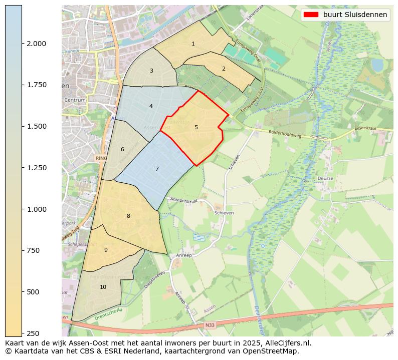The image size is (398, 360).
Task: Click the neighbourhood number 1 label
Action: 193,44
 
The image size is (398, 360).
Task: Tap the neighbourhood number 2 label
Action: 224,69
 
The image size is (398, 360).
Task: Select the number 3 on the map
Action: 151,71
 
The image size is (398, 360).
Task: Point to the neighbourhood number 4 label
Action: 151,106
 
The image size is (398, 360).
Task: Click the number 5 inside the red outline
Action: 196,127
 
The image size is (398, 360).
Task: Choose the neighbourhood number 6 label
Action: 122,149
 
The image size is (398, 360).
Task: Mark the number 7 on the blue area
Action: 157,169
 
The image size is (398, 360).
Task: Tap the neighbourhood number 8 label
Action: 128,216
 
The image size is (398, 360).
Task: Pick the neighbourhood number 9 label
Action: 106,250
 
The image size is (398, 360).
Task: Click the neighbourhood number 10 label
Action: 103,287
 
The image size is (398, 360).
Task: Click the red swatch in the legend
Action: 311,15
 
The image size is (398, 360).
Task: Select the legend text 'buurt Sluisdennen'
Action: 355,15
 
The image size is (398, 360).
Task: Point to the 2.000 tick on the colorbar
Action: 36,44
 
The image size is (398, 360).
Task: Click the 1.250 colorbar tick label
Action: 36,168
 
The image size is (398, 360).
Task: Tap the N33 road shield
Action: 210,325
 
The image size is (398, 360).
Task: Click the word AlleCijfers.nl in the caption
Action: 286,343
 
